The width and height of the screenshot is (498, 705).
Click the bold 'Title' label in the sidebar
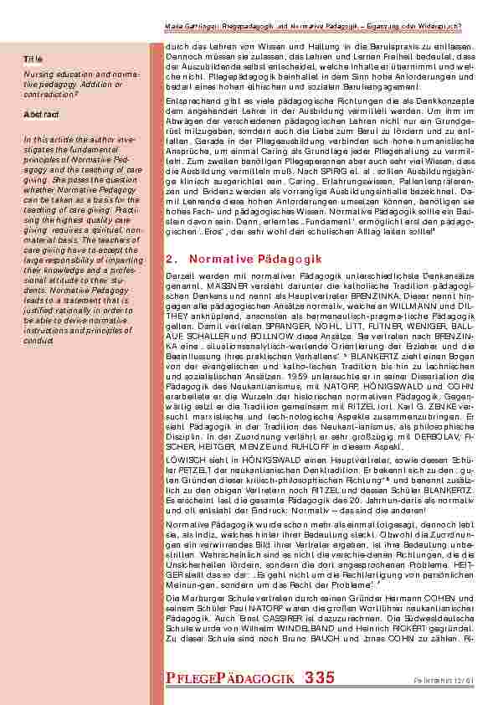(x=33, y=60)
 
